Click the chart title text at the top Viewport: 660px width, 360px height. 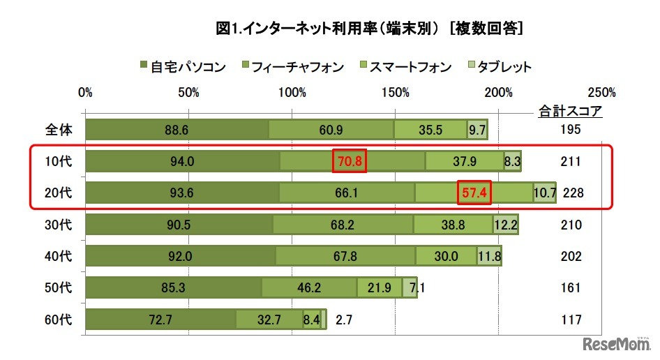pyautogui.click(x=370, y=29)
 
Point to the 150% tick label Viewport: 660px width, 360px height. pyautogui.click(x=396, y=92)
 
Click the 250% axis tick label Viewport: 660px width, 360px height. pyautogui.click(x=601, y=92)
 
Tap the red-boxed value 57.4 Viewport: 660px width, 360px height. pyautogui.click(x=474, y=193)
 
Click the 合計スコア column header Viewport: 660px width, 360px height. pyautogui.click(x=570, y=110)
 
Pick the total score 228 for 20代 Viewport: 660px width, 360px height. pyautogui.click(x=571, y=193)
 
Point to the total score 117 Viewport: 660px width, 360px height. pyautogui.click(x=571, y=320)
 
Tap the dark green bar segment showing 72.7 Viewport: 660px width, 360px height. pyautogui.click(x=160, y=320)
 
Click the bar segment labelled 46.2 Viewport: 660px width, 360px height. pyautogui.click(x=309, y=288)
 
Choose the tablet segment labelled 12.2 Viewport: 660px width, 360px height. pyautogui.click(x=506, y=225)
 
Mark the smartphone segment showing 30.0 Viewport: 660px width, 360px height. pyautogui.click(x=447, y=257)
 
